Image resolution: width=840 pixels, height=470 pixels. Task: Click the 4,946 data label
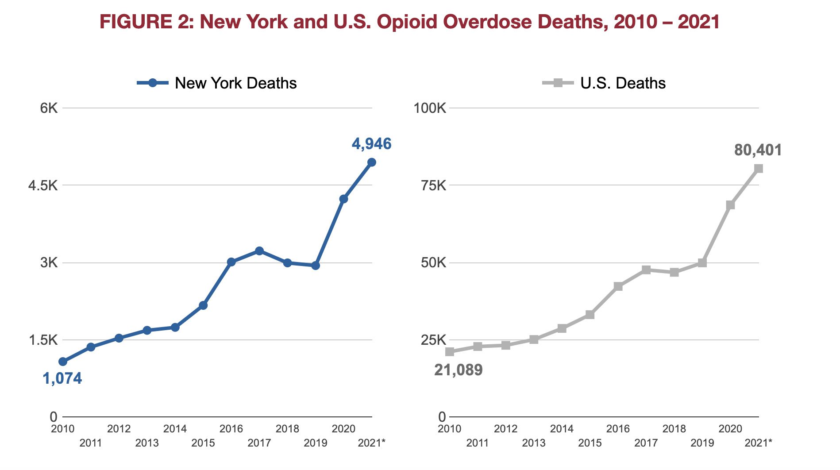point(371,144)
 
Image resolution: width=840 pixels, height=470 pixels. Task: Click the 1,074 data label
point(62,378)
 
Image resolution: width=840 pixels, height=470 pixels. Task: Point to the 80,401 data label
point(758,150)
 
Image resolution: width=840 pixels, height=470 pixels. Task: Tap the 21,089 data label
point(458,370)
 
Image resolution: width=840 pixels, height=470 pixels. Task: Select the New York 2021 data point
point(372,162)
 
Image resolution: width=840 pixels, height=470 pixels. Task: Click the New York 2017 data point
point(259,251)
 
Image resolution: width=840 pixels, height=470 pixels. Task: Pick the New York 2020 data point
point(343,199)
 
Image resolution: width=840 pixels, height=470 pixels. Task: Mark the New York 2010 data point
point(63,362)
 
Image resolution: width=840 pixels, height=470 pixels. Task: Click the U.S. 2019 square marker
point(702,263)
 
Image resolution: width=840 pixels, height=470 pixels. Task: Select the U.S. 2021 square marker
point(759,169)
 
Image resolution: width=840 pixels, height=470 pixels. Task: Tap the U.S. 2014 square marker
point(562,328)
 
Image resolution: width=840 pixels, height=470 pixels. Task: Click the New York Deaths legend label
point(235,83)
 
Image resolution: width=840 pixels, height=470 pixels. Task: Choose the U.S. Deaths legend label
point(623,83)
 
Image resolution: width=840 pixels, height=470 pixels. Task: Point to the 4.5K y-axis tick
point(43,185)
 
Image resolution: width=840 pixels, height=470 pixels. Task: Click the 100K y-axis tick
point(430,108)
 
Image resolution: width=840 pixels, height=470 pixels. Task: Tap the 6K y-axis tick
point(49,108)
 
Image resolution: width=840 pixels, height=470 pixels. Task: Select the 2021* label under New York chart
point(371,443)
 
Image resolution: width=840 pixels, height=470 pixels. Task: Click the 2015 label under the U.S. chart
point(590,443)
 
